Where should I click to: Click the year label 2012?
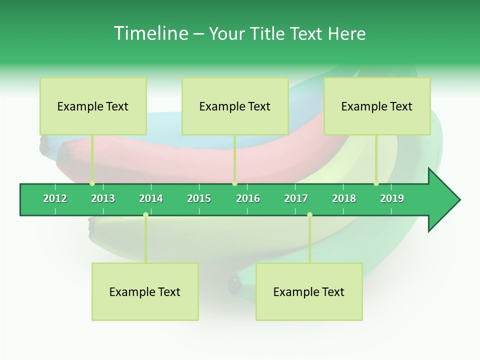click(x=55, y=198)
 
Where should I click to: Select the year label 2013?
click(x=103, y=198)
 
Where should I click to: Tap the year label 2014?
click(x=151, y=198)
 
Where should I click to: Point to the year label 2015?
click(x=199, y=198)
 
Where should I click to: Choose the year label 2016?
click(x=248, y=198)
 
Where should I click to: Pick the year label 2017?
click(x=296, y=198)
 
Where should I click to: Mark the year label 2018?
click(x=344, y=198)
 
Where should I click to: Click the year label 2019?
click(x=392, y=198)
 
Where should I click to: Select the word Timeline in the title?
click(x=150, y=33)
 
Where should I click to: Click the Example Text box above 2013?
click(x=93, y=106)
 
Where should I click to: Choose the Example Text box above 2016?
click(x=235, y=106)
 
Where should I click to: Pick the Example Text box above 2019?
click(x=377, y=106)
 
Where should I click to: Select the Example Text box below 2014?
click(x=145, y=291)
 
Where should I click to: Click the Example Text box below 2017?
click(x=309, y=291)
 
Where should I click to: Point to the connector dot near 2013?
click(x=92, y=183)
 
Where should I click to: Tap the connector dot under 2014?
click(x=145, y=215)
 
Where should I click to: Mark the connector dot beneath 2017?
click(x=309, y=215)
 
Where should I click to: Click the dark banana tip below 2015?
click(x=234, y=284)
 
